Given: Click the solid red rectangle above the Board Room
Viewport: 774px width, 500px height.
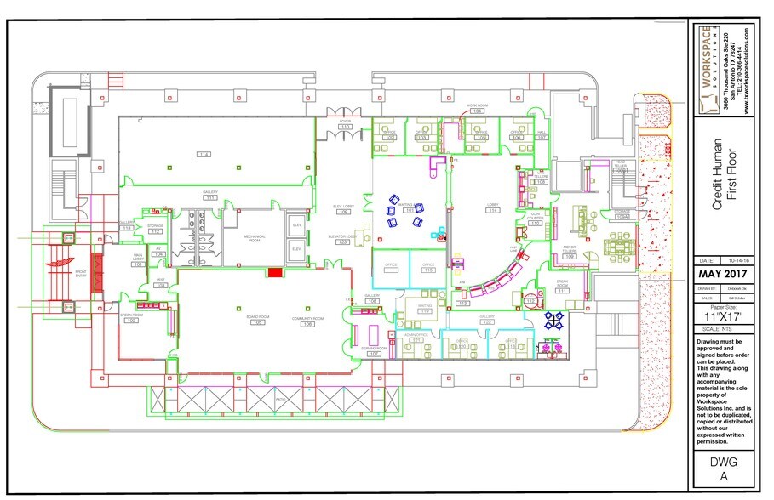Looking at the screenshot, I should [x=274, y=272].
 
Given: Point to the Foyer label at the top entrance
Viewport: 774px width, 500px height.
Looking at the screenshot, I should [x=345, y=122].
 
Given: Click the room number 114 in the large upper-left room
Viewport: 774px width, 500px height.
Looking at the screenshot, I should [x=204, y=154].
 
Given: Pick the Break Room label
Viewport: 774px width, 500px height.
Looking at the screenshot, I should [x=561, y=287].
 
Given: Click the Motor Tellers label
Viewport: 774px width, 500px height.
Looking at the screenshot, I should [x=570, y=251].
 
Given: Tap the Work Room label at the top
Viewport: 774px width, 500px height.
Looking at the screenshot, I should [x=475, y=106].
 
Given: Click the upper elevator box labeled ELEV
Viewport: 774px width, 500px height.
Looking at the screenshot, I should [x=297, y=225].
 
